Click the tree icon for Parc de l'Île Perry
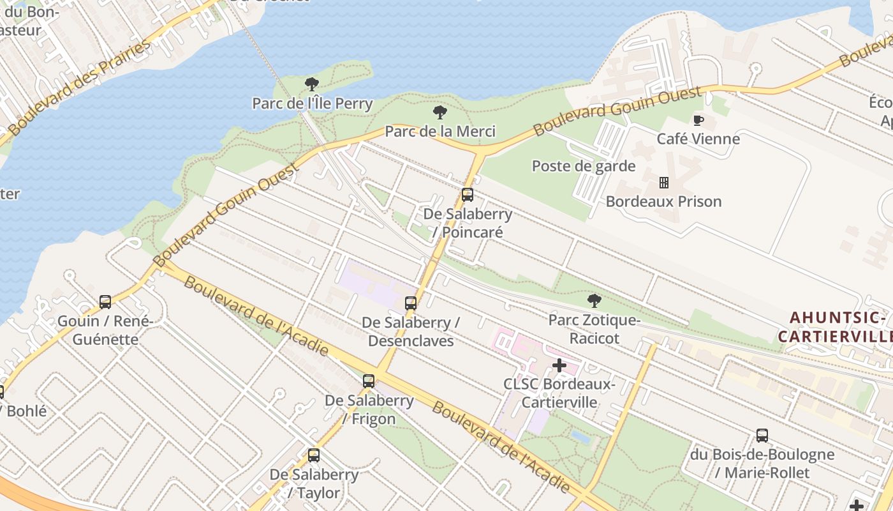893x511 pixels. (312, 84)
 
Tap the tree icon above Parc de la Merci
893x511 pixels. (439, 112)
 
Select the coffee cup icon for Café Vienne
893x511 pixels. (698, 120)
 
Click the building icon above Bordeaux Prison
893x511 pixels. (663, 183)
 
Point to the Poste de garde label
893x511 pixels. (584, 166)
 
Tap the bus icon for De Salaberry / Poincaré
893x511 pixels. (468, 195)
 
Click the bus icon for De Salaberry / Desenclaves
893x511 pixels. (411, 303)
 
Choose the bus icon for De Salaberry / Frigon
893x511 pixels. (369, 381)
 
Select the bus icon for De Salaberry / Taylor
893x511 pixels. (314, 455)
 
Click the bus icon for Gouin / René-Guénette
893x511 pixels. (105, 301)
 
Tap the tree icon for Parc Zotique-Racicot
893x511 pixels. (594, 300)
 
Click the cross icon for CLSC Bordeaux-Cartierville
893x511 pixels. (559, 365)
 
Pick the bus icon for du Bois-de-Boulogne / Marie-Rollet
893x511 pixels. (762, 436)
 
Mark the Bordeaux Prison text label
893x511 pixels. (663, 201)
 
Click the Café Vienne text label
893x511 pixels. (698, 139)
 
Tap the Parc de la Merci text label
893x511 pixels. (439, 132)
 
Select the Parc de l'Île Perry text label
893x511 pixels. (312, 103)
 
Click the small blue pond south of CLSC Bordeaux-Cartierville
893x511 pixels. (581, 437)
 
